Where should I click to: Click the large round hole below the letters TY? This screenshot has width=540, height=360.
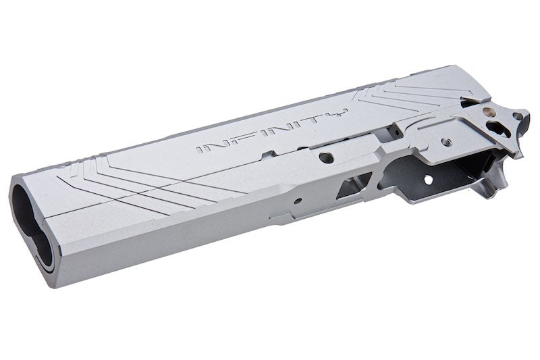click(x=326, y=157)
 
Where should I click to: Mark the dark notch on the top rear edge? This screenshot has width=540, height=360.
click(x=470, y=103)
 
